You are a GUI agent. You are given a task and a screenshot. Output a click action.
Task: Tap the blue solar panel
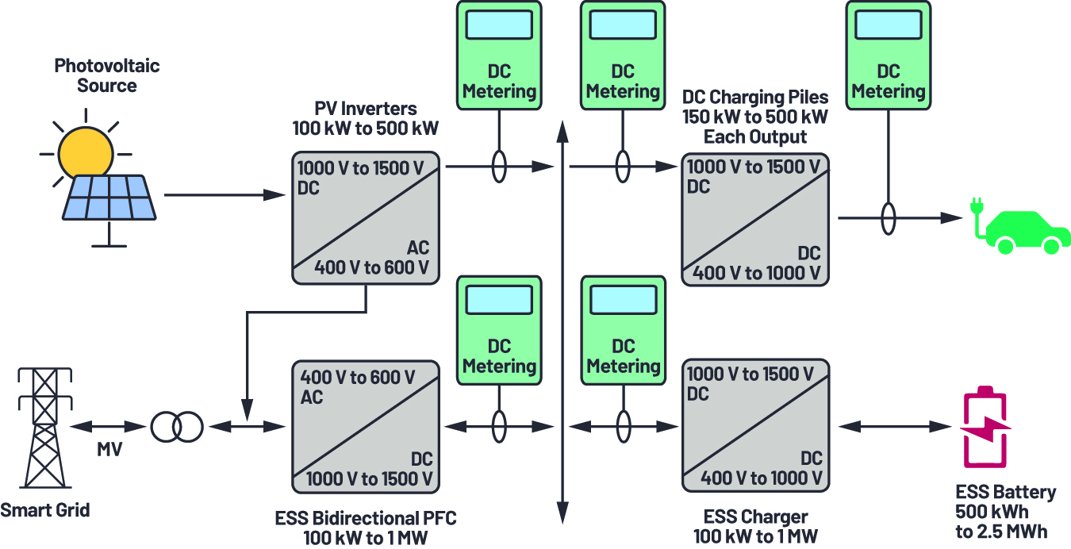pyautogui.click(x=109, y=198)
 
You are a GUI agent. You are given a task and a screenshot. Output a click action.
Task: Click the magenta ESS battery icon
pyautogui.click(x=985, y=427)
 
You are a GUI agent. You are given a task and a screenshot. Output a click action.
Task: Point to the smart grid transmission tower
pyautogui.click(x=45, y=428)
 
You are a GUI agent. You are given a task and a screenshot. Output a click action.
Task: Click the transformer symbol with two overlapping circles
pyautogui.click(x=177, y=427)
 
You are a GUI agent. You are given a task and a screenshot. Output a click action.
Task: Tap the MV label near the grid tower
pyautogui.click(x=109, y=449)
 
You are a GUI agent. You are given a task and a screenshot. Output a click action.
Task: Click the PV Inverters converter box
pyautogui.click(x=366, y=218)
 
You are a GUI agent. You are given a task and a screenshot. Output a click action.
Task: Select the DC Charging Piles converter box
pyautogui.click(x=755, y=220)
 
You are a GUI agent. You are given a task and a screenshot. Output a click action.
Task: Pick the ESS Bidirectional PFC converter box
pyautogui.click(x=366, y=427)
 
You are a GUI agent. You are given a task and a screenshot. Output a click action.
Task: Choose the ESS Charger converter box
pyautogui.click(x=755, y=425)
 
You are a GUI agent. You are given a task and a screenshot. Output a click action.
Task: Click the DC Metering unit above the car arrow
pyautogui.click(x=889, y=56)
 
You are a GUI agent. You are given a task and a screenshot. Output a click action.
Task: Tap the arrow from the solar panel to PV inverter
pyautogui.click(x=225, y=195)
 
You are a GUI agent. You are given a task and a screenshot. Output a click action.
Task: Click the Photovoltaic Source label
pyautogui.click(x=106, y=75)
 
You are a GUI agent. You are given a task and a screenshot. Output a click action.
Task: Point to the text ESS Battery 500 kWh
pyautogui.click(x=1005, y=501)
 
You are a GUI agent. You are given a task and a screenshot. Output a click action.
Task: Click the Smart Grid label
pyautogui.click(x=45, y=510)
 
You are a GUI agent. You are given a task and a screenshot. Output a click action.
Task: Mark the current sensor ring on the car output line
pyautogui.click(x=889, y=218)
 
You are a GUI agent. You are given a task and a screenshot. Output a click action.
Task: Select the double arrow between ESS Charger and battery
pyautogui.click(x=895, y=427)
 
